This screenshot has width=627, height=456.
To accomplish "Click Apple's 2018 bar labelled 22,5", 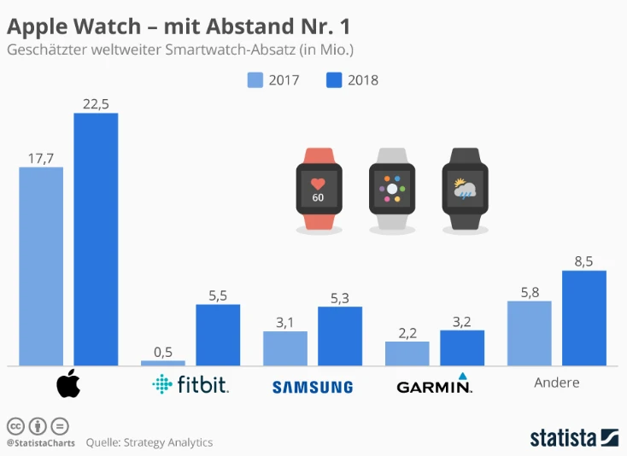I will click(96, 239).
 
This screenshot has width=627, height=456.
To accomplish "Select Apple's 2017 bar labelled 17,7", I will click(41, 266).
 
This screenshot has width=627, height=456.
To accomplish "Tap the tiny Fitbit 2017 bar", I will click(162, 363).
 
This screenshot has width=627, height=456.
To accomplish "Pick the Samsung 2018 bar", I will click(340, 336).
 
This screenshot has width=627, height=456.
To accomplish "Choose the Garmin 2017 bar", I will click(407, 354).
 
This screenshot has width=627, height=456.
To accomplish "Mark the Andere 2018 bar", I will click(584, 318).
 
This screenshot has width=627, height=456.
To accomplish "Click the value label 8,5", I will click(584, 261).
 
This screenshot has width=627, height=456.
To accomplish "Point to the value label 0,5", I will click(162, 351).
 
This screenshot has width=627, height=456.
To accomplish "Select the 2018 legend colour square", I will click(335, 80).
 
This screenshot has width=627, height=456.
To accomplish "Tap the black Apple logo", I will click(68, 385).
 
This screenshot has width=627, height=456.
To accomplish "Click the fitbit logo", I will click(190, 385).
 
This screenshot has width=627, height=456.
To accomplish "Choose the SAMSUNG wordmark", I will click(313, 387).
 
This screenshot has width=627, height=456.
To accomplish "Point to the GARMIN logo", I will click(435, 385).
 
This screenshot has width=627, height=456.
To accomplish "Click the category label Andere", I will click(557, 383).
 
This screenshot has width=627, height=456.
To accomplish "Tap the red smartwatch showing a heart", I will click(318, 188).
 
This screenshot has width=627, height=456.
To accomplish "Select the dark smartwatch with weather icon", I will click(465, 188).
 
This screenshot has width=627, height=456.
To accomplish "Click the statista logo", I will click(572, 437).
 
